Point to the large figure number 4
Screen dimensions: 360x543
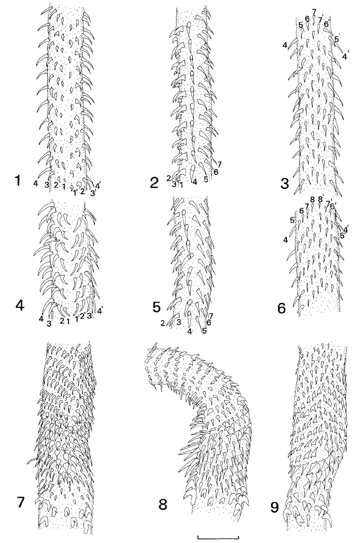click(x=20, y=305)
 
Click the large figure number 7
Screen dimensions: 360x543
click(x=21, y=501)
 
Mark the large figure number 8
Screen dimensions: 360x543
click(x=163, y=504)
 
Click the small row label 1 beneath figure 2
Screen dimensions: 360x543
click(x=181, y=183)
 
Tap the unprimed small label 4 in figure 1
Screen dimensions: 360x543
click(x=36, y=184)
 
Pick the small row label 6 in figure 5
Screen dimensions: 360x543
click(x=208, y=322)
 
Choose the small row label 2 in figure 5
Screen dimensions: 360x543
click(x=162, y=323)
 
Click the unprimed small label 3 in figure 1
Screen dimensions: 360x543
click(x=47, y=184)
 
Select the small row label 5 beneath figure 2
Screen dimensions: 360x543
click(x=206, y=179)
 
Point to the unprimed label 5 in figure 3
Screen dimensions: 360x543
click(x=301, y=25)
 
